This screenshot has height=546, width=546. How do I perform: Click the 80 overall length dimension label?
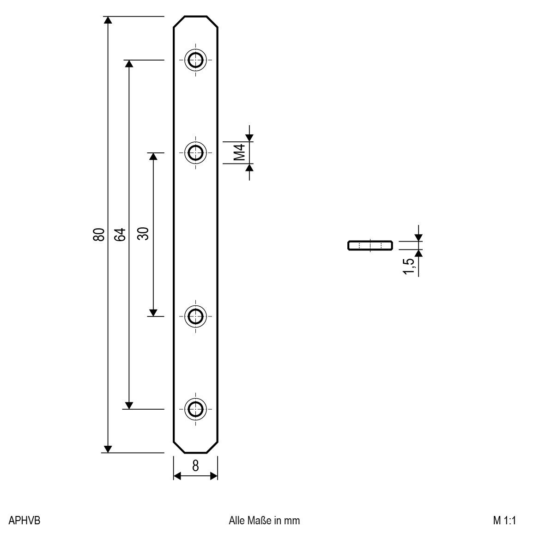point(98,235)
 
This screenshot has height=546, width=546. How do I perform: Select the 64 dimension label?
point(120,235)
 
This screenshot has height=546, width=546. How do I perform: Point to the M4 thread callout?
point(238,152)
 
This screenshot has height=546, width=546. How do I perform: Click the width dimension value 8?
point(195,466)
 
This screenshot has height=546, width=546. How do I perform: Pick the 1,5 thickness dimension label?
point(408,266)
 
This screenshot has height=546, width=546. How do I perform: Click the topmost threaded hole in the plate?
point(195,60)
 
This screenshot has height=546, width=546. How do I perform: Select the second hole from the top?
point(195,152)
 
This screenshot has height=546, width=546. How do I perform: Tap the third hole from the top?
point(195,316)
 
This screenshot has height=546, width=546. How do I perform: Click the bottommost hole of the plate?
point(195,408)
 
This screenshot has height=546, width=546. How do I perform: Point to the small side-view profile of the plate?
point(370,245)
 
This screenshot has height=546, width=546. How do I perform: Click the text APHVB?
point(24,521)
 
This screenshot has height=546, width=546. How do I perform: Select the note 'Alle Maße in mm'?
point(264,521)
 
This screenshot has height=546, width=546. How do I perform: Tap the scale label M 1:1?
point(504,521)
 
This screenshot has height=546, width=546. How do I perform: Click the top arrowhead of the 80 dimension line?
point(108,20)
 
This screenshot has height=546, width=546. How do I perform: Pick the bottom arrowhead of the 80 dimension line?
point(108,449)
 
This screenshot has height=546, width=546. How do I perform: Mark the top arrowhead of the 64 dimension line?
point(129,64)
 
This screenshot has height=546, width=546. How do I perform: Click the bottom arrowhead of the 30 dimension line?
point(154,312)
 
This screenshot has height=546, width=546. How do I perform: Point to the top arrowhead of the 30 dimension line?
point(154,157)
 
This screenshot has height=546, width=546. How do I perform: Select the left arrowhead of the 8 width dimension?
point(177,476)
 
